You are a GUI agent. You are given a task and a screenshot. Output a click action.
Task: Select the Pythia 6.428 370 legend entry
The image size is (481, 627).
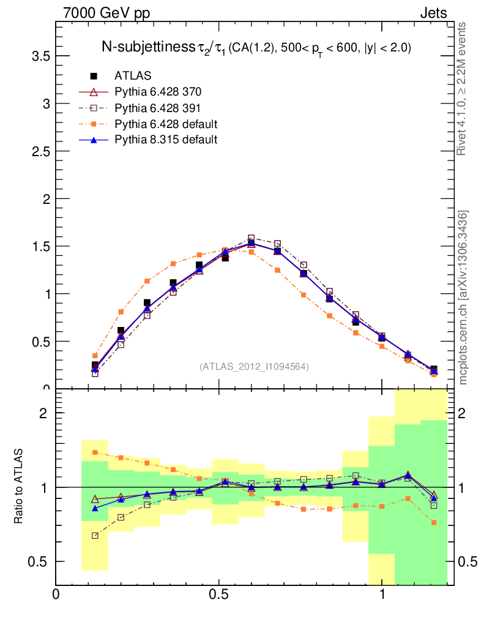coord(158,92)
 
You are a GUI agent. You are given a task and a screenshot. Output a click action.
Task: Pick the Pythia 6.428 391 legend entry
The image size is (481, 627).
coord(158,108)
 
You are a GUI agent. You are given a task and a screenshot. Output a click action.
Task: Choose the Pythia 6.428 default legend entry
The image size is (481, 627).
coord(166,124)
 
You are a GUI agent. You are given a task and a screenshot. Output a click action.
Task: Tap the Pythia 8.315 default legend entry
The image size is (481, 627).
coord(166,140)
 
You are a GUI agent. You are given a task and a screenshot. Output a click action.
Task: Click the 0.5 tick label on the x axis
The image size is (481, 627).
coord(218,595)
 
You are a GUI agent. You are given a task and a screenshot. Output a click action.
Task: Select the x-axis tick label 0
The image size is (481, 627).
coord(56,595)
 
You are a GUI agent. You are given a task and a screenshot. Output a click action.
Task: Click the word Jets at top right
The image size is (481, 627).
coord(433,13)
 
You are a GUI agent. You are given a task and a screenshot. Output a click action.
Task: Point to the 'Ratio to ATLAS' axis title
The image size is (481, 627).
coord(20,487)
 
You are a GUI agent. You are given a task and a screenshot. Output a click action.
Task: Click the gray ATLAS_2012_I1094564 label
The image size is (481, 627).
coord(254,367)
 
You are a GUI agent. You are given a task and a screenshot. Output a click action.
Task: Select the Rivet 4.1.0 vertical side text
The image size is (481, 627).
coord(463,89)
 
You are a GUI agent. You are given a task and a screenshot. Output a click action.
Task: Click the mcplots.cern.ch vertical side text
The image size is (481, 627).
coord(463,298)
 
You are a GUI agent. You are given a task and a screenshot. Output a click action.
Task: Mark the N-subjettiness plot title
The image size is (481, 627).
coord(256,48)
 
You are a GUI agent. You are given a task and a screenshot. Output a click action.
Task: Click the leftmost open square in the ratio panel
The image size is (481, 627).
coord(95,536)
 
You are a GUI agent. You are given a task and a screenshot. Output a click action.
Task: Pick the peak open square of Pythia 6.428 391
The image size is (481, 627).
coord(251,238)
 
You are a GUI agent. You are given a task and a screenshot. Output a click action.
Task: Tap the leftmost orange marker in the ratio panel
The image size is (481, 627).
coord(95,452)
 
